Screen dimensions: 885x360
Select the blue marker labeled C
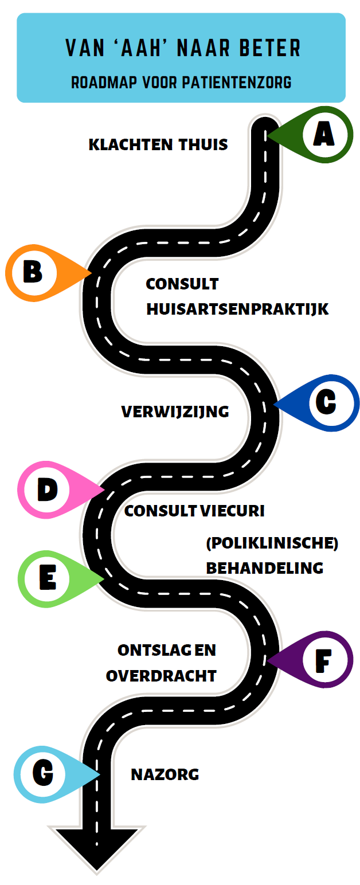(x=326, y=402)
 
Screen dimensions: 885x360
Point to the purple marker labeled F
(x=323, y=660)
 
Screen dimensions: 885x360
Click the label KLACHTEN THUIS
(x=158, y=144)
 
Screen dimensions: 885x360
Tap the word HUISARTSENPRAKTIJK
(x=237, y=309)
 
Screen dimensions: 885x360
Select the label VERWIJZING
(x=175, y=411)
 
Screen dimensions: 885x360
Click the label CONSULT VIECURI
(x=194, y=511)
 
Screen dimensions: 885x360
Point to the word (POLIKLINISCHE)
(x=272, y=543)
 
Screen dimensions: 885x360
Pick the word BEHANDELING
(x=265, y=567)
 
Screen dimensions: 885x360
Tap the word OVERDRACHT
(x=161, y=675)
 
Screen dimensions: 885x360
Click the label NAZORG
(x=165, y=775)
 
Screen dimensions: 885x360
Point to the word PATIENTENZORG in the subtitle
(x=236, y=83)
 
